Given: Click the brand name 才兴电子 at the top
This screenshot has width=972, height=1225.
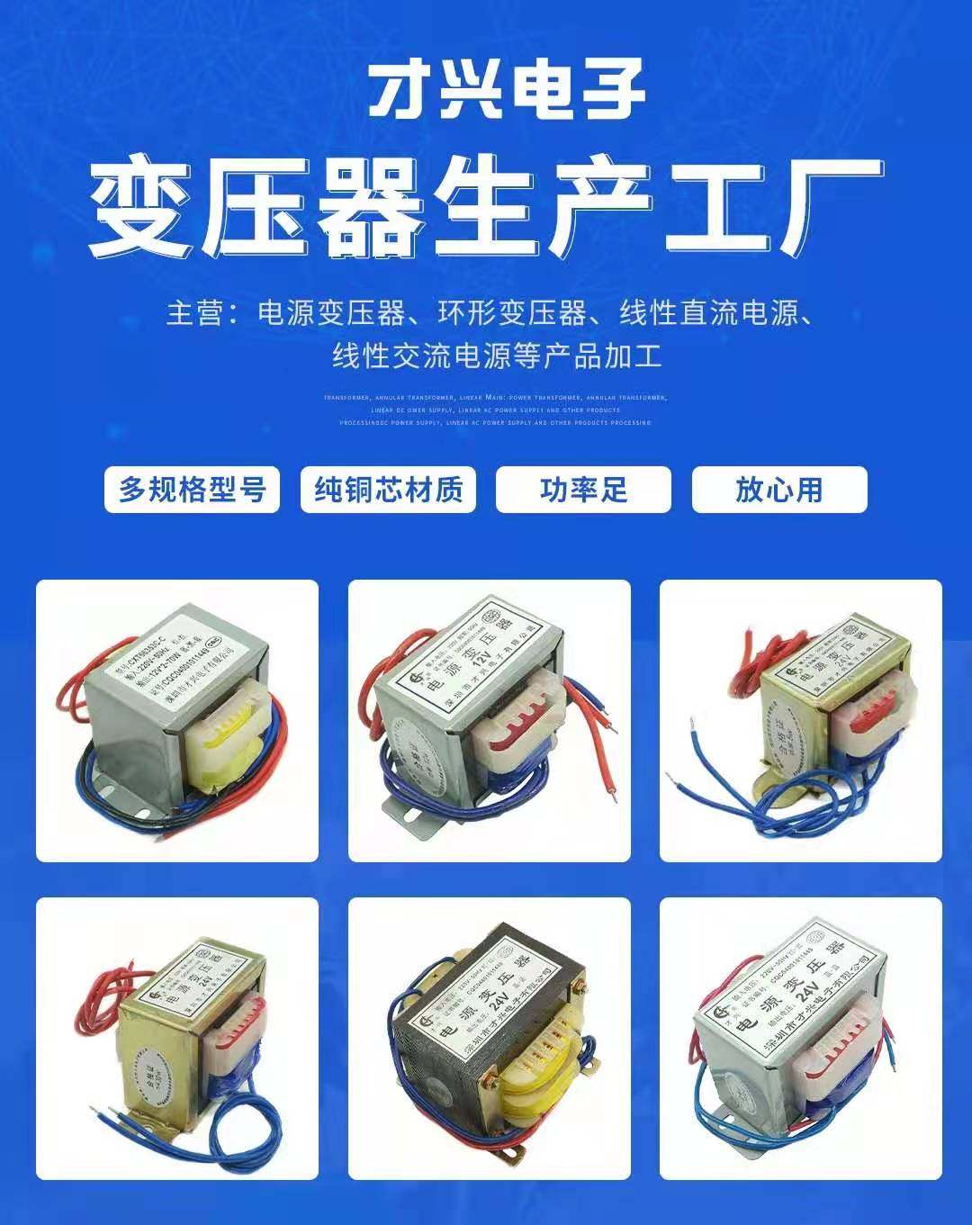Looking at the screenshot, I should coord(507,87).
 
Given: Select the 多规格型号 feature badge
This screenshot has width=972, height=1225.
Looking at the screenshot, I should coord(192,490).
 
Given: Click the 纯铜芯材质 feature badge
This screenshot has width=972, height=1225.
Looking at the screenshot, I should coord(388,490).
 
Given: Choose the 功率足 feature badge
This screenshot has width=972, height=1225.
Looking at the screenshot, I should coord(583,490).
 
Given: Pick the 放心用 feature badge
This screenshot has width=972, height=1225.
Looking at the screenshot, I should coord(778,490).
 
